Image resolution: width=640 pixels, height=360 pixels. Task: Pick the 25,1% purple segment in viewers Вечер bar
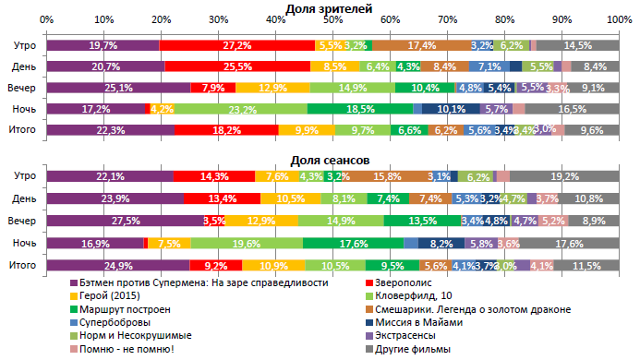tap(118, 88)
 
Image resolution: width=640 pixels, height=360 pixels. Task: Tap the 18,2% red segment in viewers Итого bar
tap(226, 130)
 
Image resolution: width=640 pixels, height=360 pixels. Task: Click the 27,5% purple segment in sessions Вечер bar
tap(125, 222)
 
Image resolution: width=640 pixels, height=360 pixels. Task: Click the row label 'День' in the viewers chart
tap(24, 66)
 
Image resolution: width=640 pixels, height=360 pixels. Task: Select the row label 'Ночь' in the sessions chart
tap(24, 244)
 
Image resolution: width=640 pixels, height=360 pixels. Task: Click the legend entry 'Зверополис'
tap(406, 282)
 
